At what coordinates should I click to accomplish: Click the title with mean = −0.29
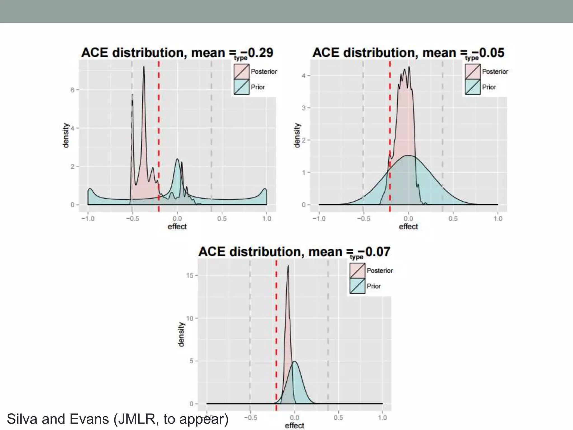pyautogui.click(x=177, y=53)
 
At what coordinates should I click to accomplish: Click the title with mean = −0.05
pyautogui.click(x=408, y=53)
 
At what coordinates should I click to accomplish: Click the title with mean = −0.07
pyautogui.click(x=294, y=252)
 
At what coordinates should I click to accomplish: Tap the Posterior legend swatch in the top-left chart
pyautogui.click(x=241, y=72)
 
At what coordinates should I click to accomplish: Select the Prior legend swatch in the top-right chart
pyautogui.click(x=473, y=87)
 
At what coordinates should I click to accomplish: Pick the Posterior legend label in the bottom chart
pyautogui.click(x=380, y=271)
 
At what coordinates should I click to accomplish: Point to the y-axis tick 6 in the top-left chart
pyautogui.click(x=72, y=90)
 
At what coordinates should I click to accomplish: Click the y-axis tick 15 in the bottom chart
pyautogui.click(x=190, y=275)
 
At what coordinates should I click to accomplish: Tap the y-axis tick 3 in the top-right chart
pyautogui.click(x=304, y=108)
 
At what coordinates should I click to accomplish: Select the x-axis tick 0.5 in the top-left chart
pyautogui.click(x=222, y=218)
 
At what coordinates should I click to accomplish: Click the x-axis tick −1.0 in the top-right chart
pyautogui.click(x=319, y=218)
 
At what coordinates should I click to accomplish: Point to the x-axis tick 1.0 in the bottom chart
pyautogui.click(x=382, y=418)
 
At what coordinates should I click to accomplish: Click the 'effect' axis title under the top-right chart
pyautogui.click(x=408, y=226)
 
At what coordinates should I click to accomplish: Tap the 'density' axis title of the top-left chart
pyautogui.click(x=65, y=135)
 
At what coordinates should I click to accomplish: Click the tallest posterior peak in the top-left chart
pyautogui.click(x=144, y=67)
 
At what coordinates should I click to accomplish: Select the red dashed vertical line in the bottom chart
pyautogui.click(x=276, y=322)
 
